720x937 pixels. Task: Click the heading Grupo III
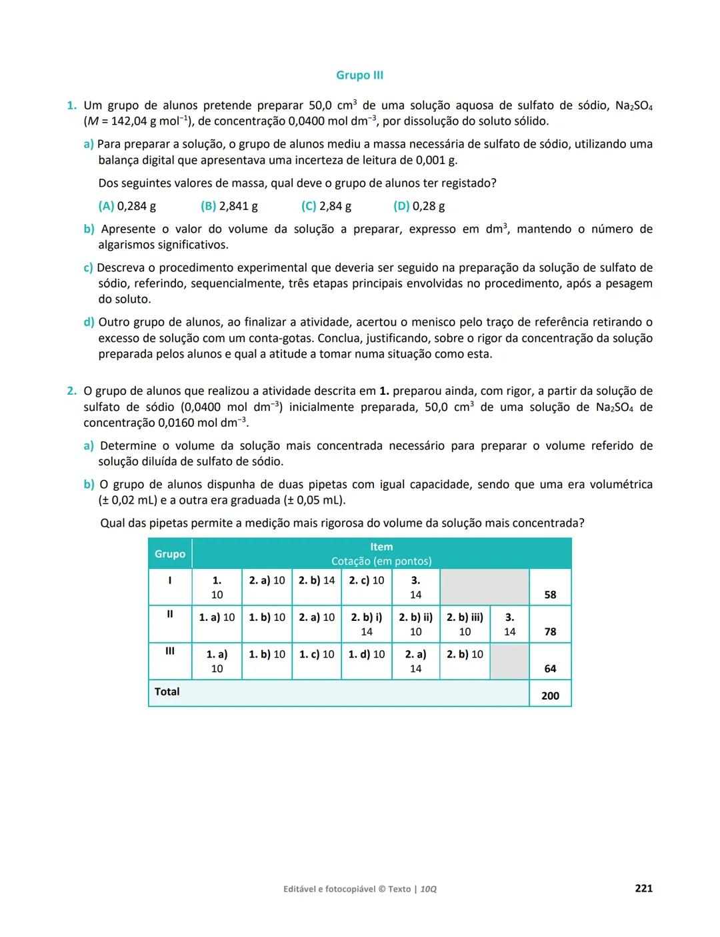tap(359, 75)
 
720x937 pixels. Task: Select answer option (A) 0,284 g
tap(127, 206)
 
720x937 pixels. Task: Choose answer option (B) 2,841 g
tap(229, 206)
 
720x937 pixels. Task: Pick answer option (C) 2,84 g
tap(326, 206)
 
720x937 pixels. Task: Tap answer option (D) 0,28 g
tap(419, 206)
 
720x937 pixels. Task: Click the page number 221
tap(643, 888)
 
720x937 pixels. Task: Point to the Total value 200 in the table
tap(550, 696)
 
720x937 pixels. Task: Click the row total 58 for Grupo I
tap(550, 595)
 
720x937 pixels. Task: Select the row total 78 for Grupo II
tap(550, 632)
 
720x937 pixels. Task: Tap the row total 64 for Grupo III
tap(550, 669)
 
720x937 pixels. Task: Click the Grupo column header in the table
tap(170, 554)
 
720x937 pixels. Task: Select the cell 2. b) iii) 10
tap(465, 624)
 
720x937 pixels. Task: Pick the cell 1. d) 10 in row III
tap(367, 654)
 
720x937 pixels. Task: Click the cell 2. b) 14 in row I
tap(317, 580)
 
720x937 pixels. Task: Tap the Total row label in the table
tap(167, 692)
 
